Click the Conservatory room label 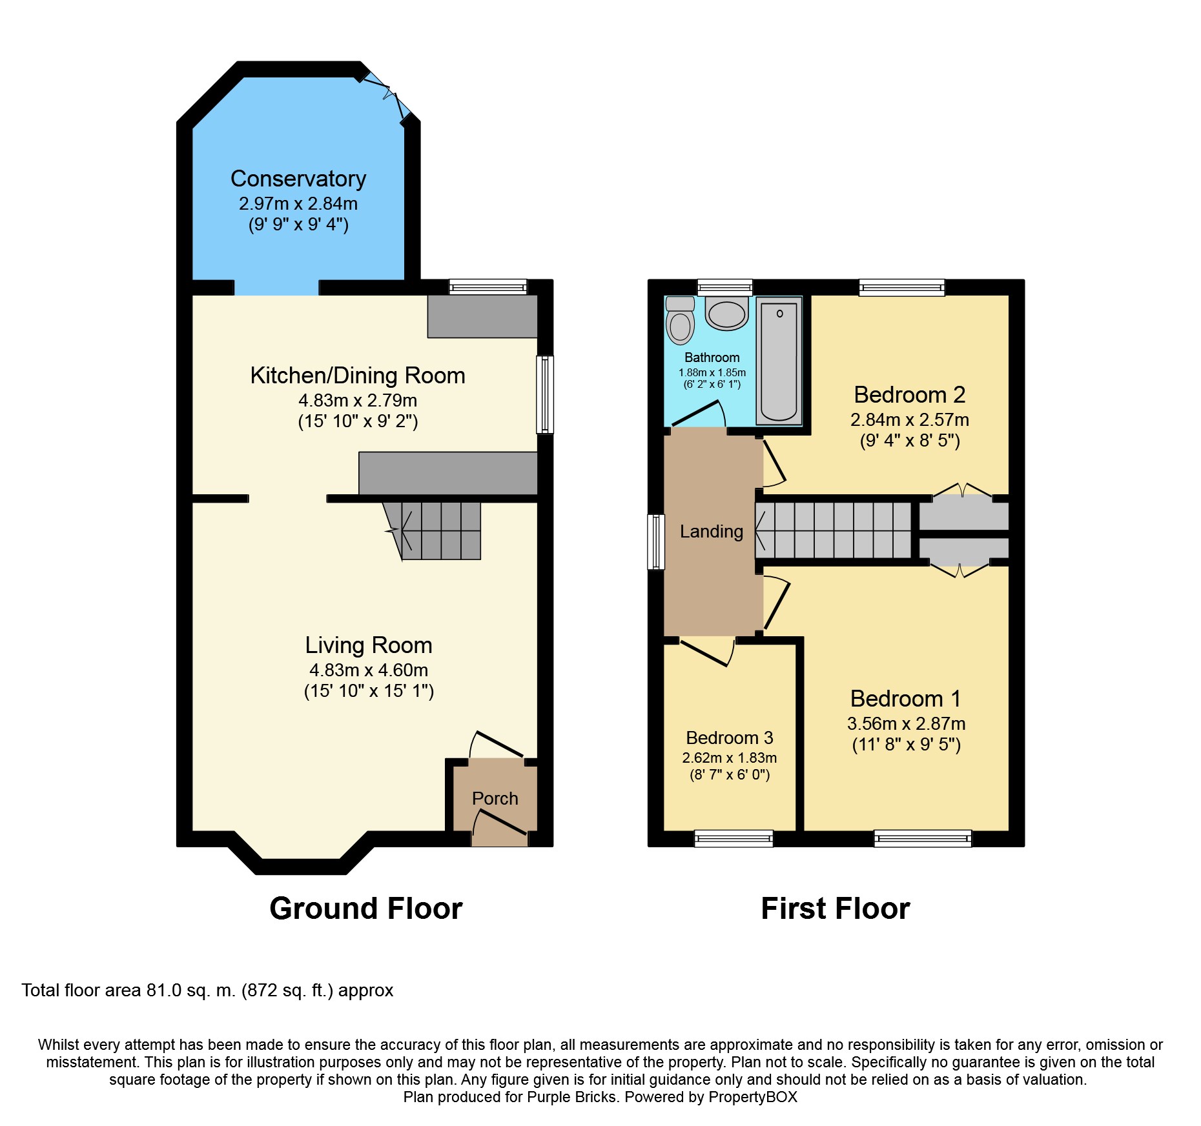click(x=298, y=179)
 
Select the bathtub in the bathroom click(x=779, y=361)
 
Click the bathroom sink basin click(x=727, y=314)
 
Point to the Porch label click(x=495, y=798)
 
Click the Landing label click(x=711, y=531)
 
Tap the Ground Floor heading click(x=365, y=908)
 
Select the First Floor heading click(x=835, y=908)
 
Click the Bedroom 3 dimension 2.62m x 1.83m click(x=729, y=758)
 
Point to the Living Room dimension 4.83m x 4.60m click(x=368, y=670)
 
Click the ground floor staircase click(x=439, y=530)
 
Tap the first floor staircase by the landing click(x=833, y=530)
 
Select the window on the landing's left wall click(x=656, y=542)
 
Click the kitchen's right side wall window click(x=545, y=394)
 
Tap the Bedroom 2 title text click(x=909, y=394)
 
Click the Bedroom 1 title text click(x=905, y=698)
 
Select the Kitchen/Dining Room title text click(x=357, y=375)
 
